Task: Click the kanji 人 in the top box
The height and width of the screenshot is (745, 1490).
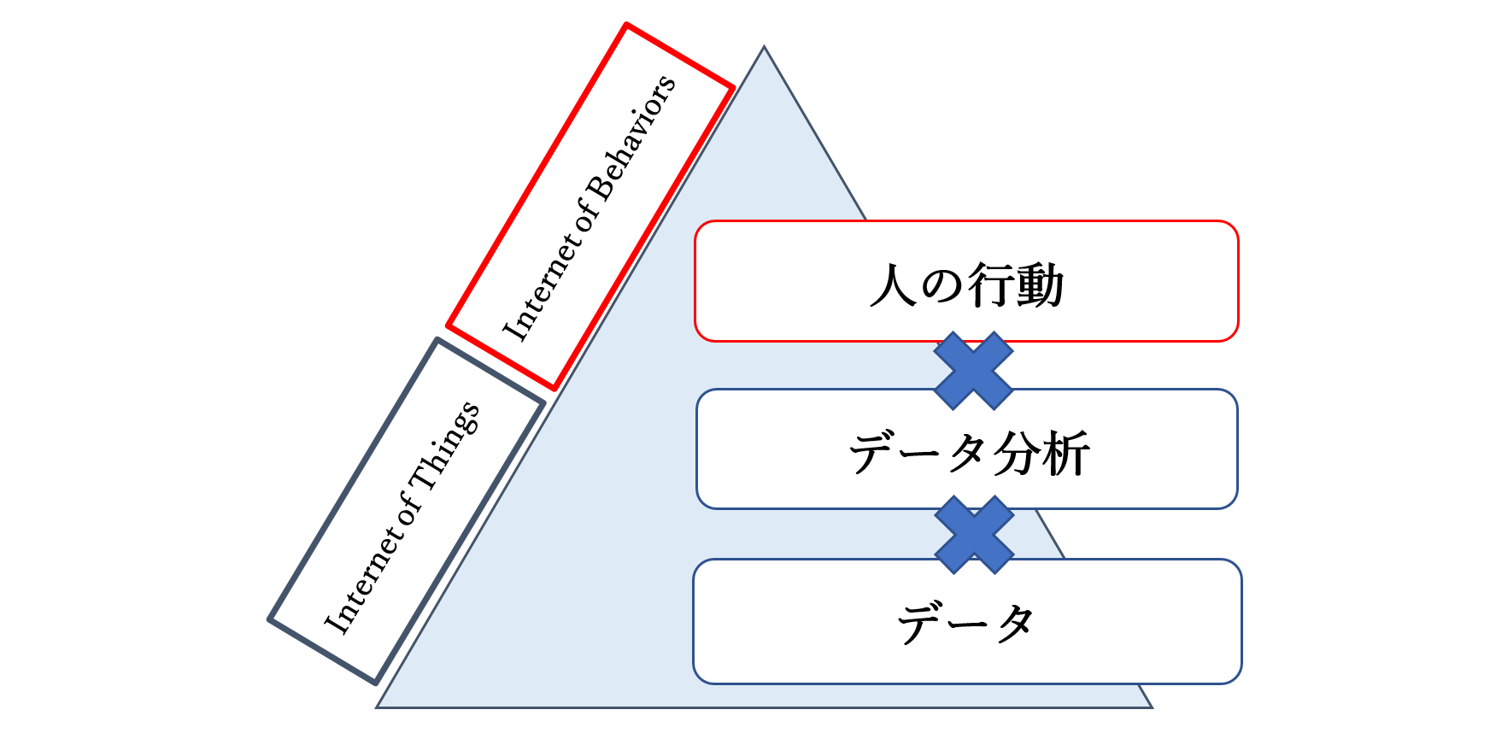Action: coord(893,285)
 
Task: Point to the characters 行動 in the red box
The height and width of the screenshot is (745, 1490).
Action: coord(1016,285)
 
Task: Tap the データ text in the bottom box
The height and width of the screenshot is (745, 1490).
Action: coord(966,623)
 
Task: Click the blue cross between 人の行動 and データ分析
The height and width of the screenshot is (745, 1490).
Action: coord(973,371)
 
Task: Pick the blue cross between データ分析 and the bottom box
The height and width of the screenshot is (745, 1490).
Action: coord(974,535)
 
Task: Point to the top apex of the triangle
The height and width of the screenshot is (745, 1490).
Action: coord(764,46)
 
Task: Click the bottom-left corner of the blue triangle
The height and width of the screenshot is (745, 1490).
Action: coord(376,707)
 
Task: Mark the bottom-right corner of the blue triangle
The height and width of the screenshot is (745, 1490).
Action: coord(1153,707)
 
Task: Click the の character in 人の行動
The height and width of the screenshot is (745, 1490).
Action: coord(942,285)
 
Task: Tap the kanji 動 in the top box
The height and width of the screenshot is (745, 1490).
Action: coord(1041,285)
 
